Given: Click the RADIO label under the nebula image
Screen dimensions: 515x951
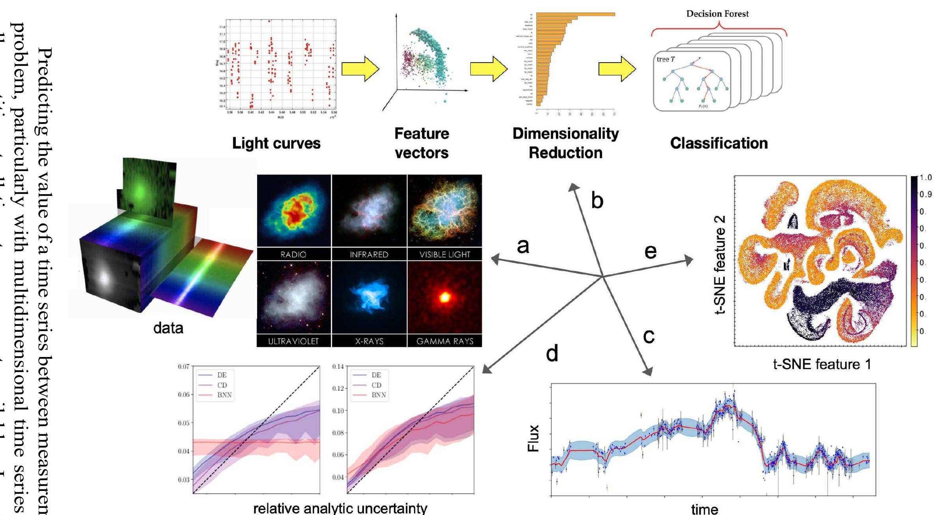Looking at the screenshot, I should [x=293, y=255].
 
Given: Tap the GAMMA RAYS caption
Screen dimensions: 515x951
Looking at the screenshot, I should [x=445, y=341].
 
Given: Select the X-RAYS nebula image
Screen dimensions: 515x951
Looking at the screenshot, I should [x=369, y=297].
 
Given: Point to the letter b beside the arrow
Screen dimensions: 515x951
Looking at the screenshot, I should [x=597, y=201].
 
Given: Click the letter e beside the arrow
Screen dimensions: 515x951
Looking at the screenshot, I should [x=650, y=251].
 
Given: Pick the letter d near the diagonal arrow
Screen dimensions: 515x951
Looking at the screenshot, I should [x=552, y=354].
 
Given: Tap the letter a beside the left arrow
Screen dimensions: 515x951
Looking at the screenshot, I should [x=523, y=246].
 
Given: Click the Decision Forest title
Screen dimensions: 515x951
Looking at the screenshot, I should [x=717, y=14].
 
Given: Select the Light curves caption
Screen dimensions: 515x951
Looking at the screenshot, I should [x=276, y=143].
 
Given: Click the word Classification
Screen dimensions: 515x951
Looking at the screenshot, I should [x=719, y=143].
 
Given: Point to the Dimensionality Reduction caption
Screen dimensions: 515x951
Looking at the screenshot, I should [x=565, y=143].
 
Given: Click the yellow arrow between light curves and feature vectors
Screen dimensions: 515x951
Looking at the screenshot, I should [x=360, y=69].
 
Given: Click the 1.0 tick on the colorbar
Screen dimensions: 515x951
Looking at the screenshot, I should [x=925, y=178].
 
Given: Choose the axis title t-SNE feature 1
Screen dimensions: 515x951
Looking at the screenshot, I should [x=822, y=364].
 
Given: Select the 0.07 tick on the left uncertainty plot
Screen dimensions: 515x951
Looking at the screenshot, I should [x=183, y=366].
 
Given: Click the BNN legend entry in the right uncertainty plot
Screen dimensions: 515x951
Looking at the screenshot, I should [x=378, y=395].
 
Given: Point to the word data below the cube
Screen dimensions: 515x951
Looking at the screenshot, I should [x=168, y=328].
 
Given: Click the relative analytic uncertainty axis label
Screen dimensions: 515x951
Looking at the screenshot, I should [x=340, y=508].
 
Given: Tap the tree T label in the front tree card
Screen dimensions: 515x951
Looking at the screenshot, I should [x=666, y=59].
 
